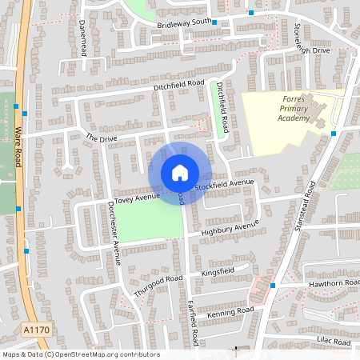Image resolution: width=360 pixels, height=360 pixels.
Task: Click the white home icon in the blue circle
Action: (x=179, y=172)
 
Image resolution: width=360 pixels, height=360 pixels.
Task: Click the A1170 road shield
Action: (x=34, y=329)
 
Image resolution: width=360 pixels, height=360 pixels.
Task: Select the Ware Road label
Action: (x=18, y=145)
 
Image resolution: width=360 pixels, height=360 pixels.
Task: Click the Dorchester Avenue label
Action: (x=114, y=232)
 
